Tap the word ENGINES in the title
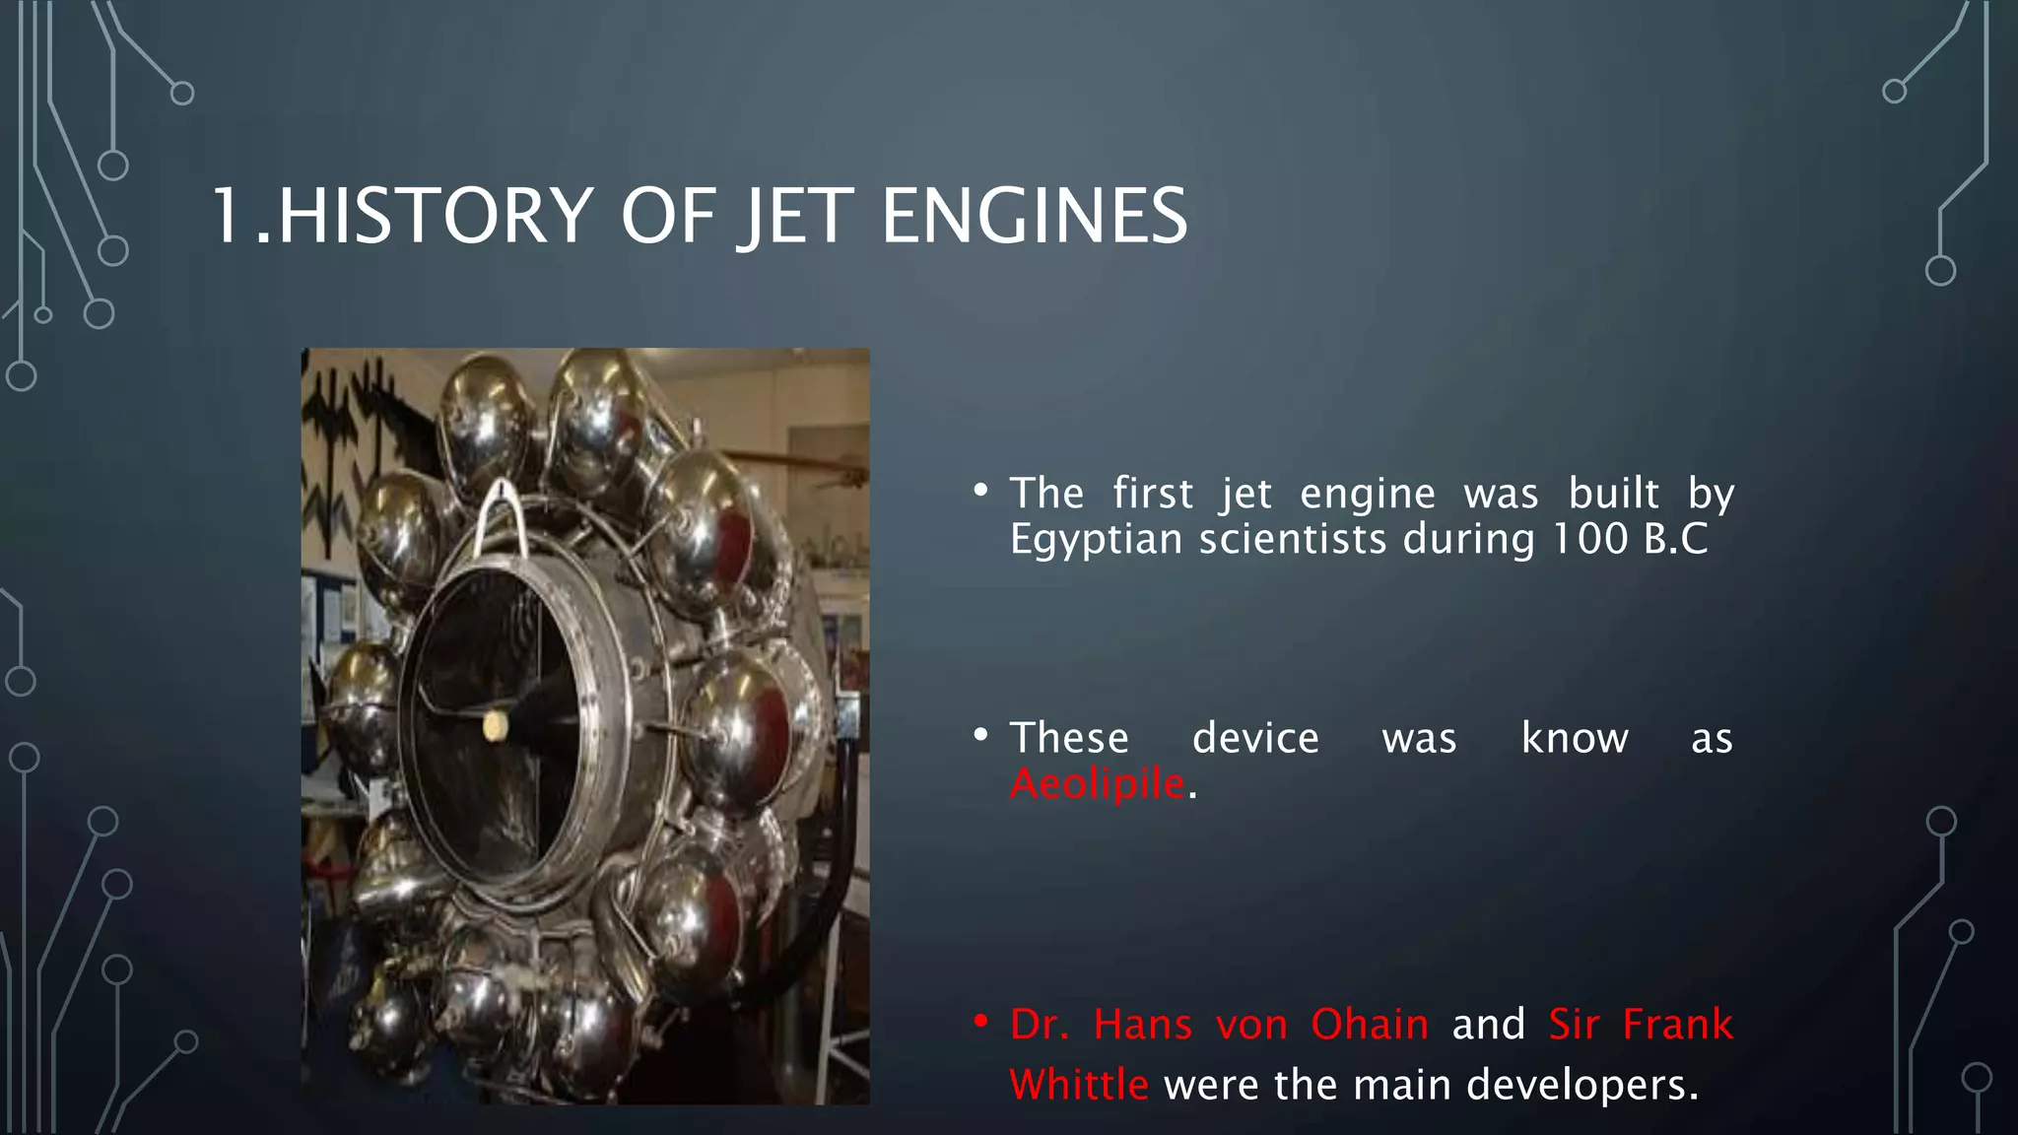coord(1034,216)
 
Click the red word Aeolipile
coord(1097,784)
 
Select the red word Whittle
coord(1078,1085)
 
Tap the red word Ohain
coord(1369,1025)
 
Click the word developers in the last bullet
coord(1581,1085)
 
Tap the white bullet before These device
coord(979,734)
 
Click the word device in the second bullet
coord(1254,738)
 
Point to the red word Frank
coord(1677,1025)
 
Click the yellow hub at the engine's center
coord(495,727)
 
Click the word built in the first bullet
coord(1613,493)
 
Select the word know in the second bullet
coord(1574,738)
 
